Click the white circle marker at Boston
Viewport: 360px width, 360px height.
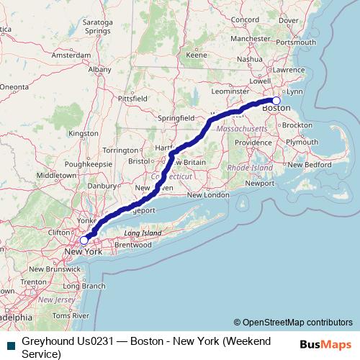(x=276, y=101)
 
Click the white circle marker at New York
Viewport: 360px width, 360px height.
(x=84, y=240)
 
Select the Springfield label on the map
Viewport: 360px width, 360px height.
(x=176, y=117)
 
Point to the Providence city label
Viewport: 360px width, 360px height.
(x=252, y=143)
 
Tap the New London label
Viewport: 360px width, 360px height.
(x=207, y=195)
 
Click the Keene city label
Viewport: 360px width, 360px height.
(x=197, y=54)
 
